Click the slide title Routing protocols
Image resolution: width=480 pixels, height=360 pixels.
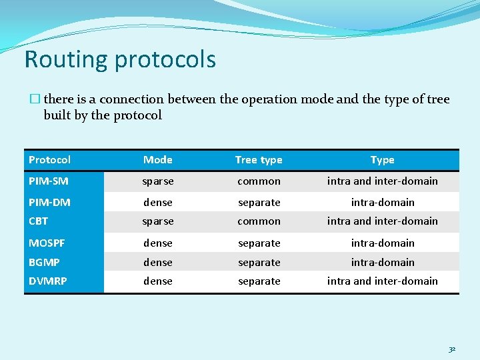pyautogui.click(x=120, y=59)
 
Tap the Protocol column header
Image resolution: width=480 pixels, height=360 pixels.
pyautogui.click(x=49, y=160)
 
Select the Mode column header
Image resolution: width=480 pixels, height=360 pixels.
pyautogui.click(x=158, y=160)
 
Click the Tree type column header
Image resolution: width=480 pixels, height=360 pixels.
pyautogui.click(x=259, y=160)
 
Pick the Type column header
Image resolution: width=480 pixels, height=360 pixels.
pyautogui.click(x=382, y=160)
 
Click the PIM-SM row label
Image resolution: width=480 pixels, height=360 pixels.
pyautogui.click(x=48, y=181)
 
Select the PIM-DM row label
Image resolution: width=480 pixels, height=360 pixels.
pyautogui.click(x=49, y=202)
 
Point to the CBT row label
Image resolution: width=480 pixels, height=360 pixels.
pyautogui.click(x=38, y=221)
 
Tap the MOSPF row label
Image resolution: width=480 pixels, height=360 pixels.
pyautogui.click(x=47, y=243)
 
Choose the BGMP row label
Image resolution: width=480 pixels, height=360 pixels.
pyautogui.click(x=44, y=263)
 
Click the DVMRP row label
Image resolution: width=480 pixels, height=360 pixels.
pyautogui.click(x=47, y=281)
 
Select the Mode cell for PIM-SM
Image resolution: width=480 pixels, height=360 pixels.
pyautogui.click(x=158, y=181)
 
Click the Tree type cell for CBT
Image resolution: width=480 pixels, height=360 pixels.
pyautogui.click(x=259, y=221)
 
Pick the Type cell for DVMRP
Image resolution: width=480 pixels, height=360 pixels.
pyautogui.click(x=382, y=281)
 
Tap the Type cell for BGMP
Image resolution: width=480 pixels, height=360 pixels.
pyautogui.click(x=382, y=263)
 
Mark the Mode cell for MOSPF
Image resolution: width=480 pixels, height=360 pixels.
pyautogui.click(x=158, y=243)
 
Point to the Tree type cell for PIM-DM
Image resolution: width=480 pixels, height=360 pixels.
pyautogui.click(x=259, y=202)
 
